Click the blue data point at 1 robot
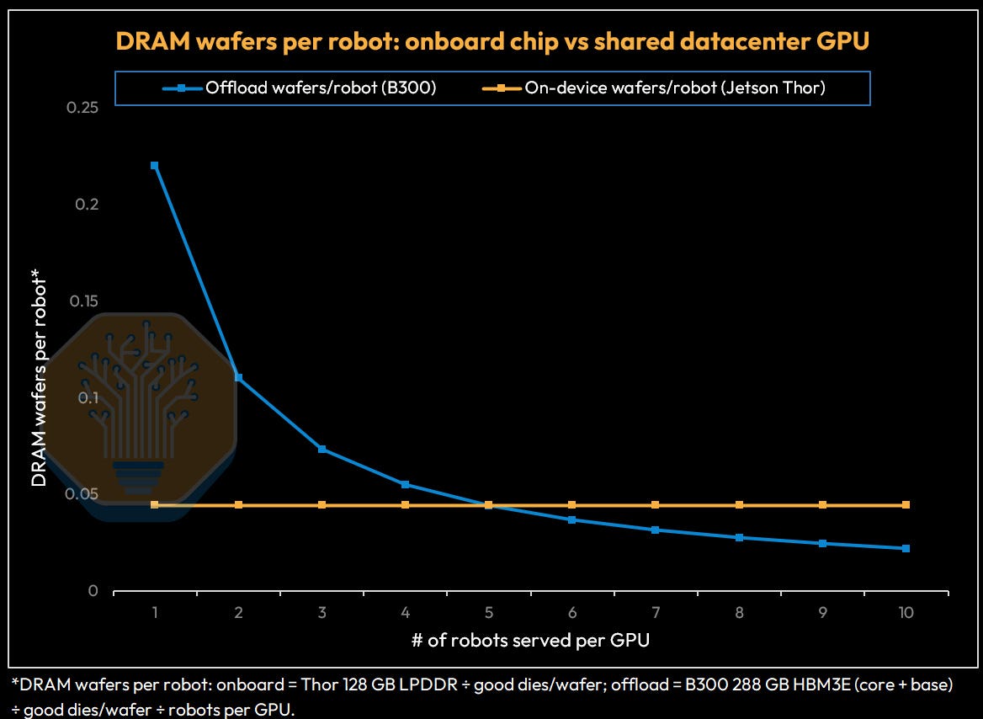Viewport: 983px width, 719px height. pos(154,166)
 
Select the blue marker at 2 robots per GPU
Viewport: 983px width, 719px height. pos(238,378)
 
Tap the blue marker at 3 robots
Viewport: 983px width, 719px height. pos(321,450)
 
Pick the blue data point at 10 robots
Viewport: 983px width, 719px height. pos(906,548)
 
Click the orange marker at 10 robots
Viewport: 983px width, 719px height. pos(906,505)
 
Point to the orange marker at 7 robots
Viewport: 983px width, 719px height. pos(655,505)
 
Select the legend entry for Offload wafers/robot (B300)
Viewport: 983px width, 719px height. pos(300,88)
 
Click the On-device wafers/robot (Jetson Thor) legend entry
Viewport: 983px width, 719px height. pos(654,88)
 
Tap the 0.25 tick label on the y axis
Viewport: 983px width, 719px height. pos(82,107)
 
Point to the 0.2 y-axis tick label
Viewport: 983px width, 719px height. pos(88,204)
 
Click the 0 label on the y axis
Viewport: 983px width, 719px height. pos(93,590)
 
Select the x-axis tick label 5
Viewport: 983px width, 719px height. pos(488,612)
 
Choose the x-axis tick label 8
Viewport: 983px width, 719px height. pos(739,612)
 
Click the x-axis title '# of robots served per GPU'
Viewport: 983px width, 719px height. pos(530,640)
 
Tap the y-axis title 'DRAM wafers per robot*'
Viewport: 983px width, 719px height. pos(39,377)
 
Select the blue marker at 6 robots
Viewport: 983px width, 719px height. pos(571,519)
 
